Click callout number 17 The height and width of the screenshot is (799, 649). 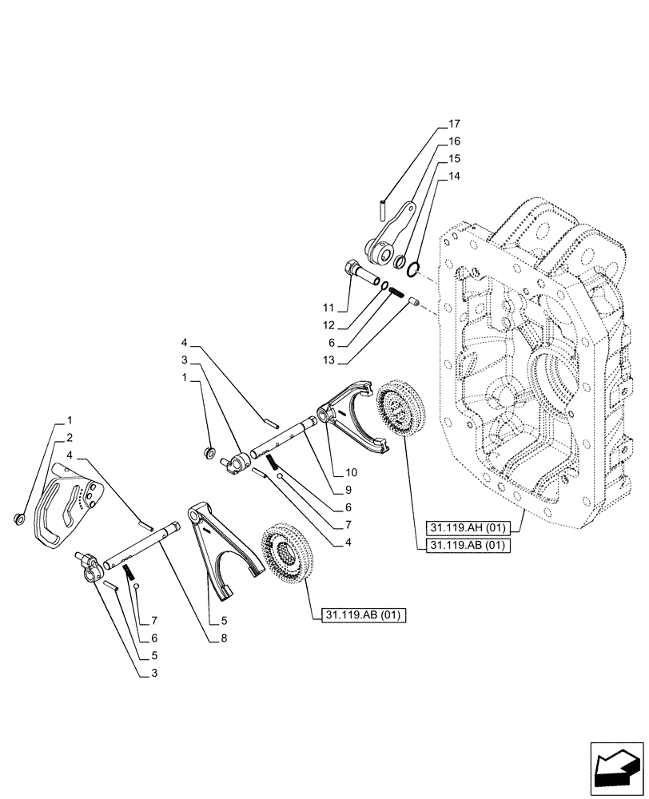pyautogui.click(x=454, y=124)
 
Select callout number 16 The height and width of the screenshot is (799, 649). pyautogui.click(x=454, y=141)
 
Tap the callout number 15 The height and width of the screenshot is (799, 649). pyautogui.click(x=454, y=157)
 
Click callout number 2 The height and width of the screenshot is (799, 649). pyautogui.click(x=70, y=437)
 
